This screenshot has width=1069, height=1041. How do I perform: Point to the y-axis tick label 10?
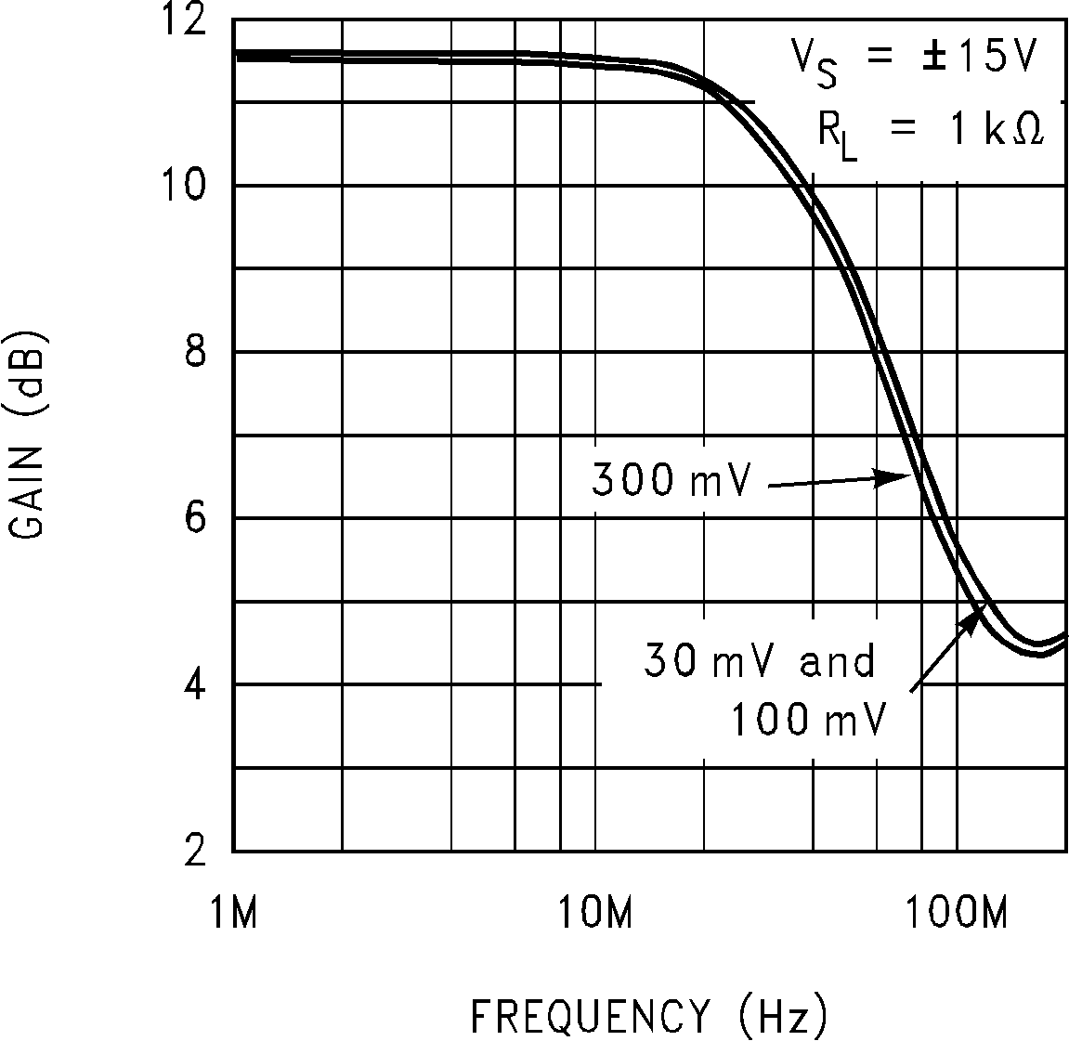pyautogui.click(x=180, y=186)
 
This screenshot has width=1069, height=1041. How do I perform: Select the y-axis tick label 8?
pyautogui.click(x=193, y=353)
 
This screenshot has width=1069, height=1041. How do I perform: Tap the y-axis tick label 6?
pyautogui.click(x=193, y=518)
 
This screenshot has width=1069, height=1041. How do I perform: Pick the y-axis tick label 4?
pyautogui.click(x=193, y=685)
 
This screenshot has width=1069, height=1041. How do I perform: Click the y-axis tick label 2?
pyautogui.click(x=193, y=851)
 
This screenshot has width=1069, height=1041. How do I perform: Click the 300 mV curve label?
pyautogui.click(x=670, y=480)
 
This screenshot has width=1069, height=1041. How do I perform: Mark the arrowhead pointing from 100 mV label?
pyautogui.click(x=979, y=613)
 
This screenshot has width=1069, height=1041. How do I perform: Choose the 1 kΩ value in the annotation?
pyautogui.click(x=995, y=130)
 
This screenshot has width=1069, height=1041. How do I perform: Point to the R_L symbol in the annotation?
pyautogui.click(x=836, y=136)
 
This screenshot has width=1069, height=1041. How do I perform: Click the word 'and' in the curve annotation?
pyautogui.click(x=836, y=661)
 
